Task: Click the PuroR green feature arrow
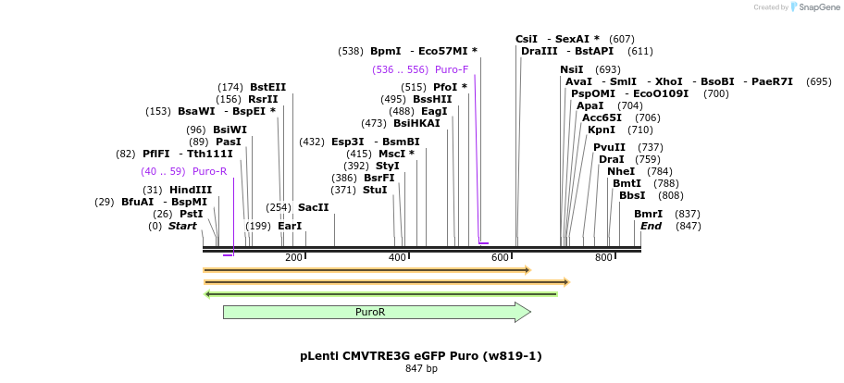pos(370,313)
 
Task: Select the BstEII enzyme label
pos(267,87)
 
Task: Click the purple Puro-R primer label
pos(209,171)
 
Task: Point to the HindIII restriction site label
pos(191,190)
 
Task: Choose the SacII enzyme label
pos(313,207)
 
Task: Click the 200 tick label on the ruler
pos(294,257)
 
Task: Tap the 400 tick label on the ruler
pos(397,257)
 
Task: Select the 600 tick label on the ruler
pos(501,257)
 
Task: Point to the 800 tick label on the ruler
pos(603,257)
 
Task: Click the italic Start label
pos(182,226)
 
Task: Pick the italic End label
pos(652,226)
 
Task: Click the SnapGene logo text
pos(819,7)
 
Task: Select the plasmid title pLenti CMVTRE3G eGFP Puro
pos(421,355)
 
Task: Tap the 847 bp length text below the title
pos(421,369)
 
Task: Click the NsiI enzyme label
pos(572,69)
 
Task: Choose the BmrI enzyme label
pos(648,214)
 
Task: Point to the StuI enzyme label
pos(375,190)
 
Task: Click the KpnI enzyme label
pos(602,130)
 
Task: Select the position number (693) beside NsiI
pos(608,69)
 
